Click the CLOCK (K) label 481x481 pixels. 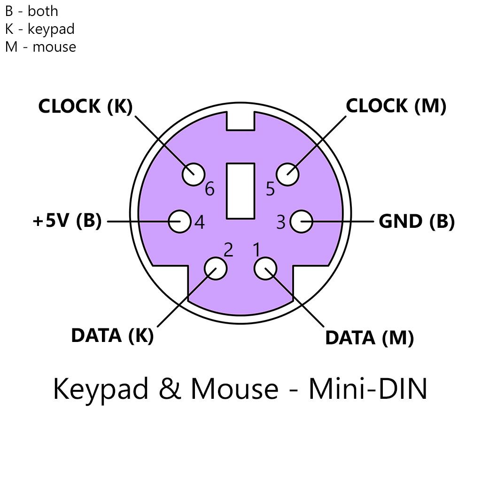(85, 107)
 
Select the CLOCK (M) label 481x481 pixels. (396, 106)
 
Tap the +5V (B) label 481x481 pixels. (67, 221)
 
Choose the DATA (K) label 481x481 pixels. (112, 335)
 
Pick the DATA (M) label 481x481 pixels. (370, 338)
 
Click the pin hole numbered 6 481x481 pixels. (194, 174)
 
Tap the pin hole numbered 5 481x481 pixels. (287, 174)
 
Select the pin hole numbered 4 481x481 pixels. (180, 221)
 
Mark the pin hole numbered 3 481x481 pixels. (302, 221)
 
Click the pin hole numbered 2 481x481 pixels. (216, 268)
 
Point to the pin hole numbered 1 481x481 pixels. (265, 268)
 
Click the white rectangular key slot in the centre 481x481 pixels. (240, 191)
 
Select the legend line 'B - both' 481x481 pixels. (31, 11)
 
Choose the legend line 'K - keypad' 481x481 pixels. (40, 29)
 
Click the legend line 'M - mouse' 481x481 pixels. (40, 47)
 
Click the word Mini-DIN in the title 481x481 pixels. (368, 388)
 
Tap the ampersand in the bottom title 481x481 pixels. (170, 388)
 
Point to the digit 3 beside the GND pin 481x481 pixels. (281, 222)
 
